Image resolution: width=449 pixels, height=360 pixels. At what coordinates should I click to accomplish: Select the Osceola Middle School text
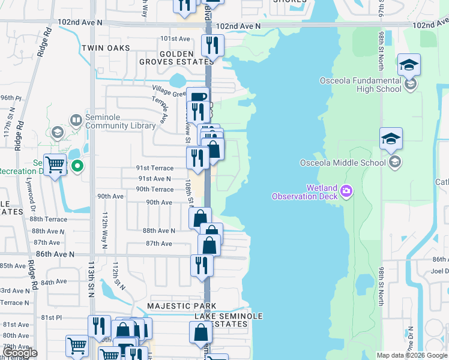[x=343, y=163]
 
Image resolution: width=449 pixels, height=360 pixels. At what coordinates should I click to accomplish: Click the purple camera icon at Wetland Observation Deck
[x=346, y=191]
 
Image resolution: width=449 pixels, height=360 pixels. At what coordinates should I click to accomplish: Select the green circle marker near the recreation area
[x=77, y=166]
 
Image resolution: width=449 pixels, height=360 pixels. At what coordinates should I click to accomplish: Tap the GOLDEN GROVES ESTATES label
[x=176, y=57]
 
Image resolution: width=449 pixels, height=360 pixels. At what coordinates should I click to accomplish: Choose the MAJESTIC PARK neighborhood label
[x=172, y=306]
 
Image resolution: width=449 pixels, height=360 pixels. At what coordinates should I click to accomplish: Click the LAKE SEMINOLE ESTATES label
[x=221, y=320]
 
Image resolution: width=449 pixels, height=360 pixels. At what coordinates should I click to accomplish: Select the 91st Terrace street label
[x=156, y=169]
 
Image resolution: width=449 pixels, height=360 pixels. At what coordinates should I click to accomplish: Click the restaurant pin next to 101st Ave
[x=212, y=46]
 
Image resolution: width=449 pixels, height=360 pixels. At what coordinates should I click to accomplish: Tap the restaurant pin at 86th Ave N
[x=202, y=266]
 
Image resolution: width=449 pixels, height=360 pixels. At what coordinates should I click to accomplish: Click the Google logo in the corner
[x=19, y=353]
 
